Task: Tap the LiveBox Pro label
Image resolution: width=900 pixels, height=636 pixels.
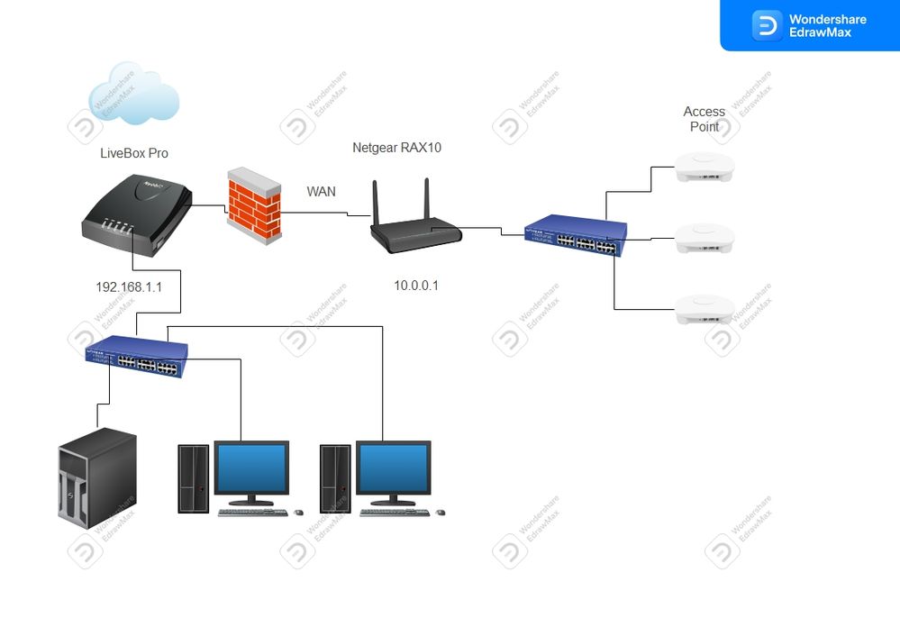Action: (134, 153)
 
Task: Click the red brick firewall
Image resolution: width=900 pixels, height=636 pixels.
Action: (253, 203)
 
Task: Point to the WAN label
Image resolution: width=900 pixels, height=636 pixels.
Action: (322, 191)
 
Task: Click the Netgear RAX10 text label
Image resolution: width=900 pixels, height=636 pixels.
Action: (397, 148)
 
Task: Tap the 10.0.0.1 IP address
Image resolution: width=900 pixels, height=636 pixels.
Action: (416, 286)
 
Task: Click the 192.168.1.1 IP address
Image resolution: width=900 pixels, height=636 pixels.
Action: (130, 287)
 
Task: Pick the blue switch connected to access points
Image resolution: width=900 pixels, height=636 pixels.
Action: (575, 236)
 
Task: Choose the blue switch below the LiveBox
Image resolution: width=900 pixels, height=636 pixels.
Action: (137, 353)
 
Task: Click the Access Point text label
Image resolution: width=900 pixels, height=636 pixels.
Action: (705, 119)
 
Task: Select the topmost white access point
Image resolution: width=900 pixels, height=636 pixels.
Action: (705, 167)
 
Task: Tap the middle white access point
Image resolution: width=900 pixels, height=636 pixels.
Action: (705, 238)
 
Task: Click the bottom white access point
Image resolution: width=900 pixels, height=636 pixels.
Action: (705, 310)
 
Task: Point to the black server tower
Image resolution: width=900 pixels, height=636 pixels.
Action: (97, 477)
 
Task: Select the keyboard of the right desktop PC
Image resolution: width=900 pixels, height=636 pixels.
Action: (395, 513)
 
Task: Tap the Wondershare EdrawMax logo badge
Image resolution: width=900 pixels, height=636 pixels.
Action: (809, 25)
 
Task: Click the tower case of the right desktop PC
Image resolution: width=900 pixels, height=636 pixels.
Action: (336, 478)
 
